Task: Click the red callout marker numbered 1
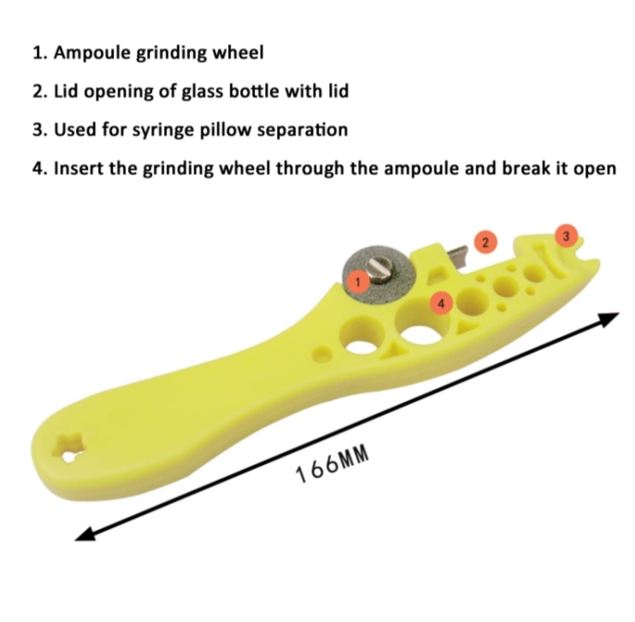tap(357, 281)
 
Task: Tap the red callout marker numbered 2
tap(485, 242)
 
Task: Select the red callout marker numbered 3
tap(566, 235)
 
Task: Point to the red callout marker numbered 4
tap(441, 303)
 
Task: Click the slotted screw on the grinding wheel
tap(380, 269)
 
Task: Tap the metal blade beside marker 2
tap(460, 257)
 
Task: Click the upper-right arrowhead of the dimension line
tap(609, 319)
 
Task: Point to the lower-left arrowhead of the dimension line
tap(85, 533)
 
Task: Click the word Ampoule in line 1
tap(93, 54)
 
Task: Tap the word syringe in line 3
tap(165, 131)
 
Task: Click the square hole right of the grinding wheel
tap(437, 276)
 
